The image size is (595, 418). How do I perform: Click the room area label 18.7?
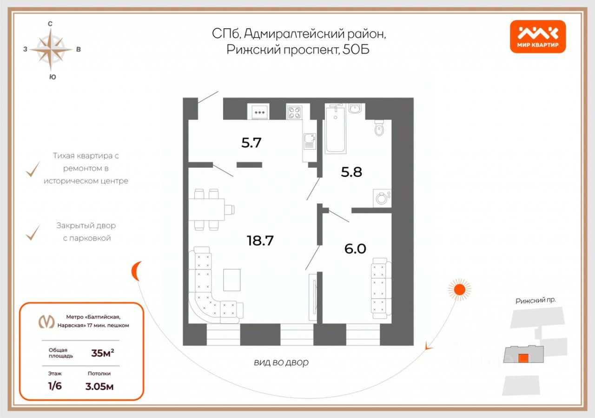(260, 240)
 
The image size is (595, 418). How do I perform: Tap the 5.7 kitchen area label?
(251, 143)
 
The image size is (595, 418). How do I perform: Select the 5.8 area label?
(351, 172)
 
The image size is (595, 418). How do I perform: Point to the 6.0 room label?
(355, 249)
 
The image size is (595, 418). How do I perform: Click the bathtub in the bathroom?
(335, 130)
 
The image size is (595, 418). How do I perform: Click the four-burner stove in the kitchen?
(294, 112)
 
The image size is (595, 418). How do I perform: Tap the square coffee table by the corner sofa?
(231, 280)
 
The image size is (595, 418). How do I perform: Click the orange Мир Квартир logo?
(538, 37)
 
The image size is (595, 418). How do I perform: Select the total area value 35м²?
(103, 353)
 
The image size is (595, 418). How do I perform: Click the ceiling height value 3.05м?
(99, 386)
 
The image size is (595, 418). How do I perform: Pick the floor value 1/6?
(55, 385)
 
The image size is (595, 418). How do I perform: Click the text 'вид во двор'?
(281, 362)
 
